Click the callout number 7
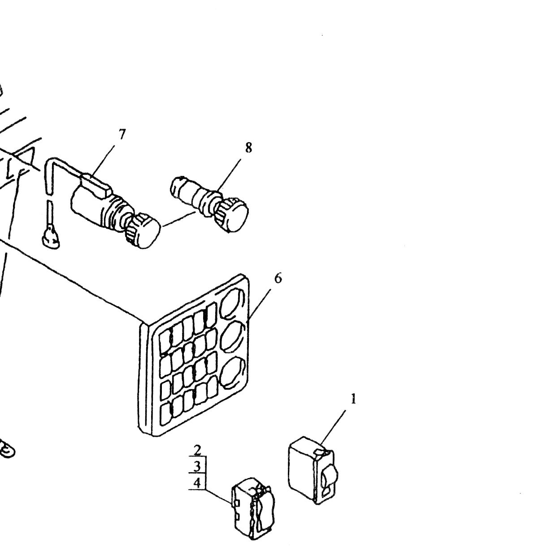pos(122,135)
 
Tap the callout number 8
pos(248,148)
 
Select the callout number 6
pos(278,278)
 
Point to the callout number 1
pos(353,400)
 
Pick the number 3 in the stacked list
pos(197,467)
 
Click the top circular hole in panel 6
pos(233,303)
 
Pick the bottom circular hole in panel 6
pos(233,373)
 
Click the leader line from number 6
pos(259,305)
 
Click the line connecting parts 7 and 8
pos(179,219)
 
